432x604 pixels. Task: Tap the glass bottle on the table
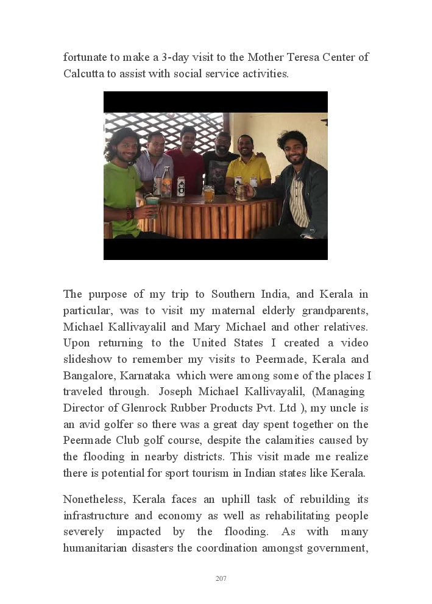tap(166, 183)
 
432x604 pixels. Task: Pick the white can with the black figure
tap(181, 186)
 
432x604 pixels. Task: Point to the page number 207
tap(221, 578)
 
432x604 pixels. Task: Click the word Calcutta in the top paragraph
tap(85, 74)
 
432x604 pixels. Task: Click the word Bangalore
tap(85, 375)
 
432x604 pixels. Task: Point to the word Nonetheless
tap(94, 499)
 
